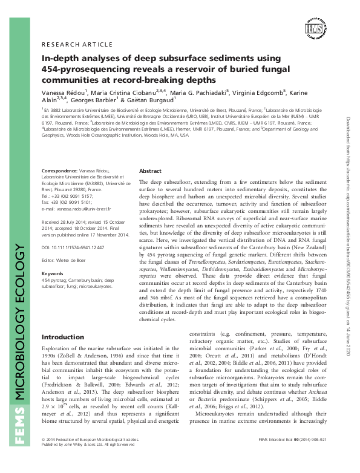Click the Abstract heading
150,171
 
